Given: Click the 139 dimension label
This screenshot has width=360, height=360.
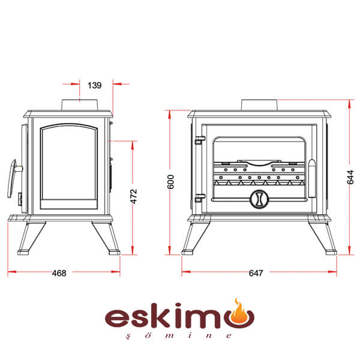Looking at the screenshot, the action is pyautogui.click(x=94, y=85).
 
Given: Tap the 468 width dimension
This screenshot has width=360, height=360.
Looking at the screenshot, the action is pyautogui.click(x=59, y=273).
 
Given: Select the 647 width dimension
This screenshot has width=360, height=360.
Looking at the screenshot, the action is pyautogui.click(x=256, y=273).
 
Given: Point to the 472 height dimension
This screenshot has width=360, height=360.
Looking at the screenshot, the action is pyautogui.click(x=133, y=196).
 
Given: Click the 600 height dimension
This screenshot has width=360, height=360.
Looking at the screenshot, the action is pyautogui.click(x=170, y=182).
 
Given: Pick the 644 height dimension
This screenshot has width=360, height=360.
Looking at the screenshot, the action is pyautogui.click(x=350, y=177).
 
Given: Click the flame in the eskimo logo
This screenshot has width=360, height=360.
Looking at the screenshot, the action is pyautogui.click(x=239, y=313).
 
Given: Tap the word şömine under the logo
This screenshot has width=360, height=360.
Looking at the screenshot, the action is pyautogui.click(x=179, y=335).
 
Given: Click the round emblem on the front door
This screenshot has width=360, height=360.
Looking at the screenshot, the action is pyautogui.click(x=259, y=199).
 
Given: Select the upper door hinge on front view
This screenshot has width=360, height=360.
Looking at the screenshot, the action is pyautogui.click(x=199, y=140).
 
